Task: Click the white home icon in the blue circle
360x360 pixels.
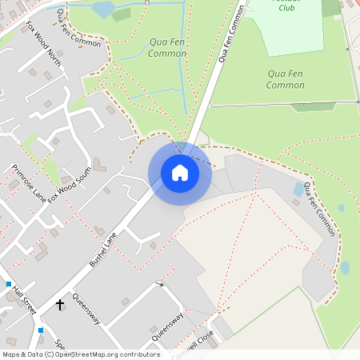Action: click(179, 173)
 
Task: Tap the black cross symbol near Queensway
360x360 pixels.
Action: click(60, 305)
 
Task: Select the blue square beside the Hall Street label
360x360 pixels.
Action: click(9, 284)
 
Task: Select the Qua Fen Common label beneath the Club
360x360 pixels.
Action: click(286, 79)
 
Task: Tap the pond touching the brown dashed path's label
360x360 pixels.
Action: click(299, 190)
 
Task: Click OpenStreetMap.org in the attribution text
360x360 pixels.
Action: click(96, 354)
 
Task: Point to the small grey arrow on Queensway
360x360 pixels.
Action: click(160, 284)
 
